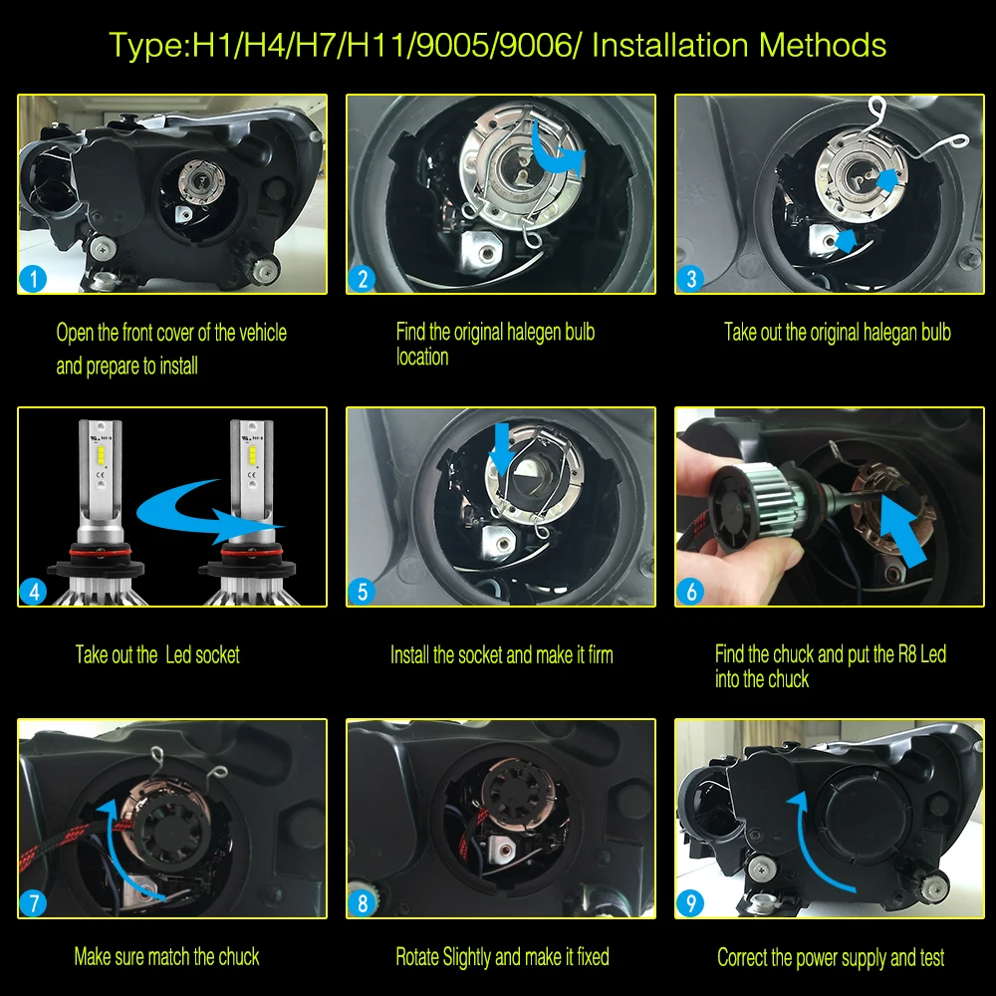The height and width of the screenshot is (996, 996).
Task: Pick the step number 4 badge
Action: click(x=34, y=591)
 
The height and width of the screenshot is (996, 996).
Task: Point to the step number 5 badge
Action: click(x=362, y=591)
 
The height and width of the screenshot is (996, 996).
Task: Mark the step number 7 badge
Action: click(x=34, y=903)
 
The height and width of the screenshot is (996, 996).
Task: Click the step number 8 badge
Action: click(x=362, y=903)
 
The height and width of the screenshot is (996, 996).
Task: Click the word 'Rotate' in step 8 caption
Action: click(x=418, y=957)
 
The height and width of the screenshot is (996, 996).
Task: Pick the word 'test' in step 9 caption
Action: click(x=930, y=957)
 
